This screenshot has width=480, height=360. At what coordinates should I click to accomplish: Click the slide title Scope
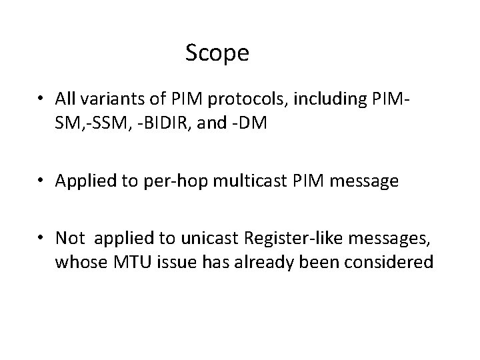pos(217,53)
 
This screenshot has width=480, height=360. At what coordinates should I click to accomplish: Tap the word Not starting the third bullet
pos(69,239)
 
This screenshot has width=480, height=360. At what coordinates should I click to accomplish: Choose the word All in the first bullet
pos(66,99)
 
